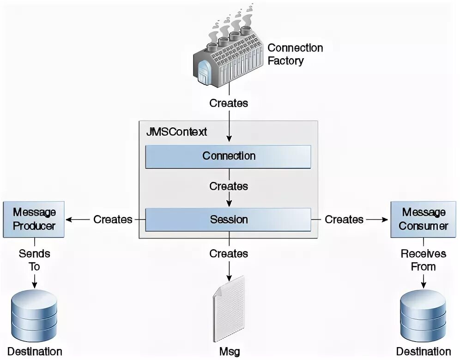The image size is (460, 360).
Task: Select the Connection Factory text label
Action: coord(295,54)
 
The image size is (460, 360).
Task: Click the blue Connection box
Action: coord(228,156)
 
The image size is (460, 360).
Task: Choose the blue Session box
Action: coord(228,220)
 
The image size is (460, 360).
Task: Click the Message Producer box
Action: coord(34,219)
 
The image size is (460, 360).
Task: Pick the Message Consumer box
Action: coord(423,219)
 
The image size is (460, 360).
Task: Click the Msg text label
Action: coord(229,352)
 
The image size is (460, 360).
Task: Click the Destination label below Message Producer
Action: coord(34,352)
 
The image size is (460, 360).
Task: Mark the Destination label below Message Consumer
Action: coord(423,352)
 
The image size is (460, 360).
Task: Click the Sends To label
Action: coord(34,260)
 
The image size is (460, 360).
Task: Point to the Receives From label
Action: coord(423,260)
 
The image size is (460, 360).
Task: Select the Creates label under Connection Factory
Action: coord(229,103)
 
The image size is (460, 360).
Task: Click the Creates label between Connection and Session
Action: coord(229,186)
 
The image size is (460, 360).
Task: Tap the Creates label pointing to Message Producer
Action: coord(113,220)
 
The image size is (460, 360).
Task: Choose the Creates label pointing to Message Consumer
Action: coord(344,220)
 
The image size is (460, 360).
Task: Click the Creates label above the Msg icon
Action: coord(229,253)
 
